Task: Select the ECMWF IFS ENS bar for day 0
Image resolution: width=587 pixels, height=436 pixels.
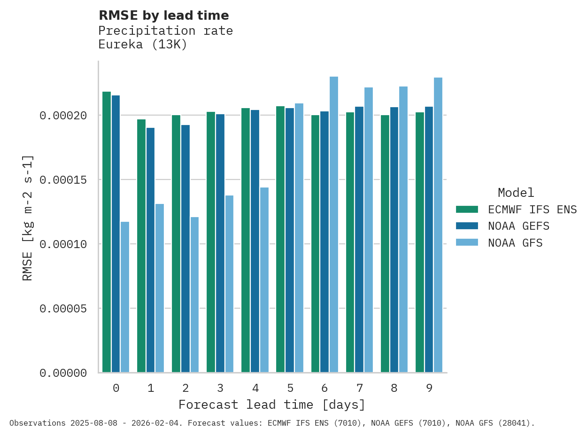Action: (x=107, y=232)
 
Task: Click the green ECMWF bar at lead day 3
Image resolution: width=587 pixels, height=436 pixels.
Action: (x=211, y=242)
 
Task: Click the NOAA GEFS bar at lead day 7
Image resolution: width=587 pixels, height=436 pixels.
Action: (x=359, y=240)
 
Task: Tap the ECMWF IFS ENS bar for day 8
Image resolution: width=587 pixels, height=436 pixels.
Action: (x=385, y=244)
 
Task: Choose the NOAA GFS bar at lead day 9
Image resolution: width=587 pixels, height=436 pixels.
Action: (x=438, y=225)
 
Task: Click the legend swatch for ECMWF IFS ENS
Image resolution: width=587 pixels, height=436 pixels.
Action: (x=467, y=209)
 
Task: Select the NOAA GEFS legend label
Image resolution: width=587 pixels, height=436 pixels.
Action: (x=518, y=226)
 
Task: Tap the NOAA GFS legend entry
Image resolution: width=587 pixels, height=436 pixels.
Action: (x=515, y=243)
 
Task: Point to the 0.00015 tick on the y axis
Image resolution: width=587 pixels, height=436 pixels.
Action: (x=63, y=180)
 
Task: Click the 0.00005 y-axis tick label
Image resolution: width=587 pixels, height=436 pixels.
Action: (x=63, y=309)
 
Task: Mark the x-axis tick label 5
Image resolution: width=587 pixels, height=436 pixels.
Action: (x=290, y=388)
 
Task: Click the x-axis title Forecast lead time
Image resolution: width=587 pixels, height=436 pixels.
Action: (x=272, y=405)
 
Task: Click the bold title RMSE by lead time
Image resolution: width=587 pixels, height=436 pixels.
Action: (x=164, y=16)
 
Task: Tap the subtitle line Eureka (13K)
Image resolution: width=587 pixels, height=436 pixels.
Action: (x=143, y=45)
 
